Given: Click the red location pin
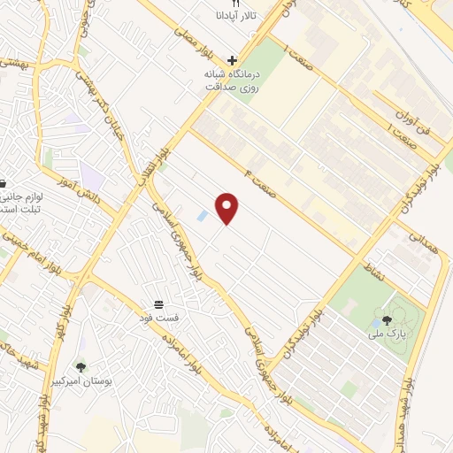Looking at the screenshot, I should click(x=228, y=207).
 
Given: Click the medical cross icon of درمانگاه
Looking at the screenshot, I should click(x=232, y=61).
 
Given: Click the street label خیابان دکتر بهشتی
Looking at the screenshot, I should click(x=123, y=101).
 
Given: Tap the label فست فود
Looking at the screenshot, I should click(x=163, y=316).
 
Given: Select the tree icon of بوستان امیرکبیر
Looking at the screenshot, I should click(x=81, y=365).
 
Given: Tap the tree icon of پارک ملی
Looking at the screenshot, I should click(x=387, y=321).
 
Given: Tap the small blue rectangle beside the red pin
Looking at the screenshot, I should click(x=203, y=216).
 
